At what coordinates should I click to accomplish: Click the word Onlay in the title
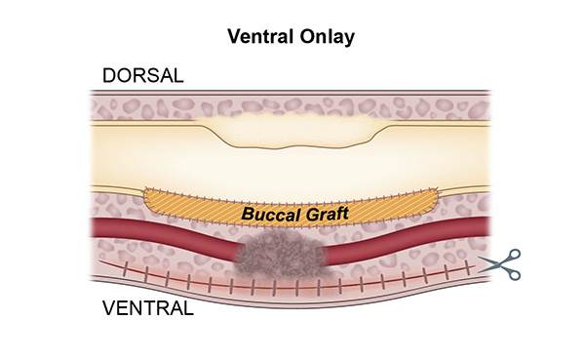[x=331, y=37]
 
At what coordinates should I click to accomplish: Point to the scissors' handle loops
[x=514, y=264]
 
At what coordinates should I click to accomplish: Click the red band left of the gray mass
[x=166, y=232]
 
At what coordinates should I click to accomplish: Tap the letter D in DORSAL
[x=108, y=77]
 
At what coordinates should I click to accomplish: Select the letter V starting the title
[x=233, y=37]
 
